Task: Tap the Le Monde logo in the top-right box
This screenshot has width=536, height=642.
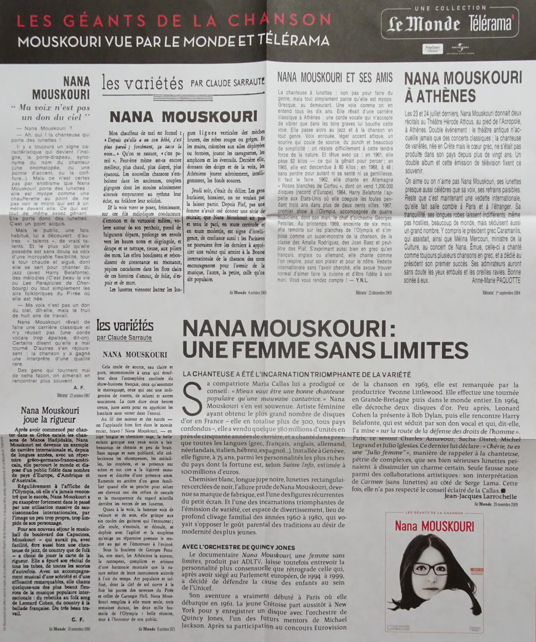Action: pyautogui.click(x=421, y=25)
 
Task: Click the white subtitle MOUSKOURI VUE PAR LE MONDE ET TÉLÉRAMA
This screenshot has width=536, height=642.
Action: pyautogui.click(x=172, y=41)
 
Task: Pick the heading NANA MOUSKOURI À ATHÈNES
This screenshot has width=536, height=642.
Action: pyautogui.click(x=463, y=87)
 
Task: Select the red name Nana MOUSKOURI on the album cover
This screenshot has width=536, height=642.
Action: pyautogui.click(x=434, y=526)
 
